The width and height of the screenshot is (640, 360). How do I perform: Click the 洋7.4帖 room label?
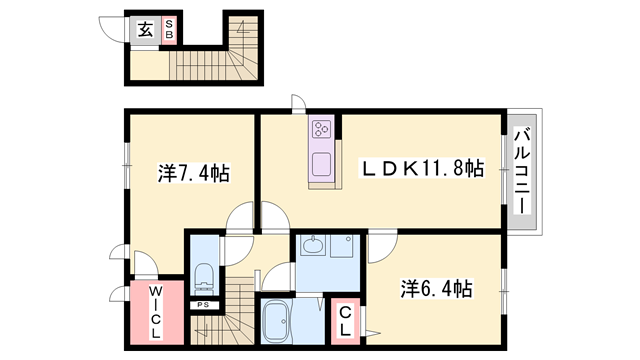coord(193,173)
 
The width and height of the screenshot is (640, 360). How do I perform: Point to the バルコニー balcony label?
coord(522,169)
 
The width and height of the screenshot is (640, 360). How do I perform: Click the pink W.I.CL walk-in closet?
coord(157,312)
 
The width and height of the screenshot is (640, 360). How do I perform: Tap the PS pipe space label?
coord(203,305)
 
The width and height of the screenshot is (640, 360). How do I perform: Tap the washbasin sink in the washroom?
coord(311,246)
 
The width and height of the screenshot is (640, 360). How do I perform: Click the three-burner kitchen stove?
coord(322,129)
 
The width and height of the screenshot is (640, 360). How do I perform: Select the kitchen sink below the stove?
coord(322,164)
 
